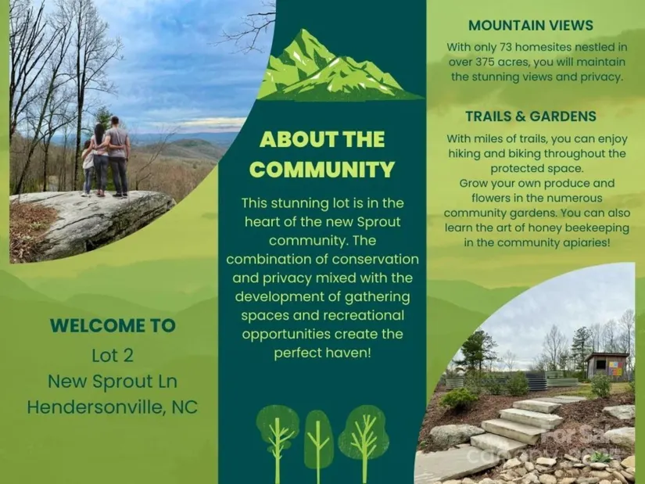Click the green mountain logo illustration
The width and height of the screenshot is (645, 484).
[340, 66]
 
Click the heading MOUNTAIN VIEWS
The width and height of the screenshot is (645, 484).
[531, 26]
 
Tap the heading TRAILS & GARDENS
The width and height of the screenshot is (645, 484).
[531, 117]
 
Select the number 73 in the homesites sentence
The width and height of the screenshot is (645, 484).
[506, 48]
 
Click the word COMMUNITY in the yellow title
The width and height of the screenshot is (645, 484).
[321, 170]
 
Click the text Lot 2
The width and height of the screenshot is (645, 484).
[113, 356]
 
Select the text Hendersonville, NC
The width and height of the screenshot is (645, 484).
[113, 407]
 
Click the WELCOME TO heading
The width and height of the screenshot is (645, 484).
[113, 325]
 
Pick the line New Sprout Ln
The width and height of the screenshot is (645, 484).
[113, 382]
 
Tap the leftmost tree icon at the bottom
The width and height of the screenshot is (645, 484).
[278, 443]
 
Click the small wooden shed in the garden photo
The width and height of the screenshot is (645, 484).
[607, 365]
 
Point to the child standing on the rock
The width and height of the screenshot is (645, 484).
[88, 168]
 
